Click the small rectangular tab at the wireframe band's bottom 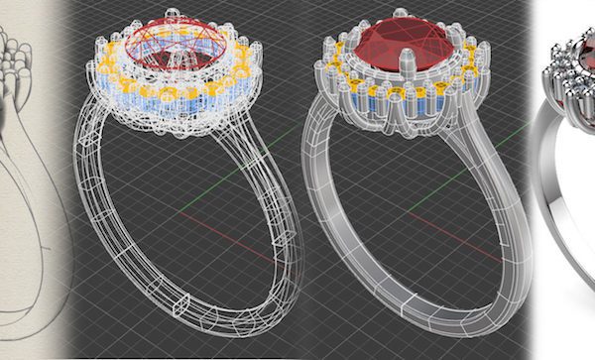tap(181, 299)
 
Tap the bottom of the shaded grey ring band tap(397, 332)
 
